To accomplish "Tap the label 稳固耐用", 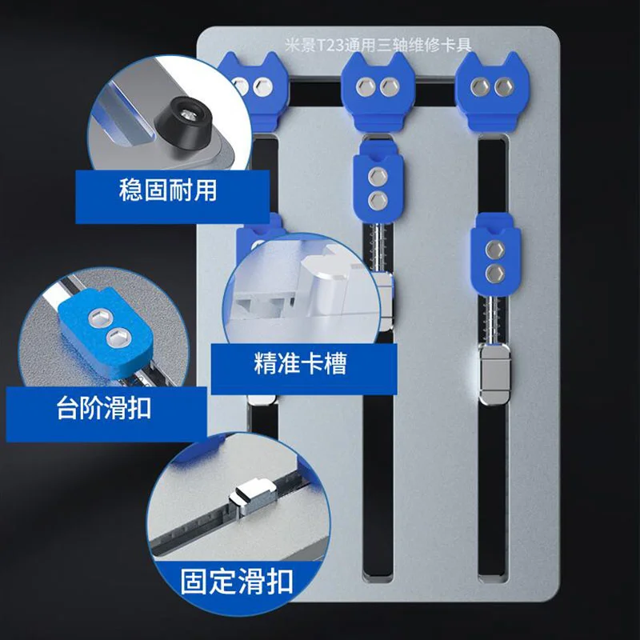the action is point(168,190).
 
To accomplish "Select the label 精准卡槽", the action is point(300,362).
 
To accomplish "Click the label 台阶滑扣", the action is point(104,407).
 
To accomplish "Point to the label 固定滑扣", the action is point(237,582).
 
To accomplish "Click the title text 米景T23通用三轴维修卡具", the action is point(378,45).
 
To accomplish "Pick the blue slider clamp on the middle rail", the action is point(378,182).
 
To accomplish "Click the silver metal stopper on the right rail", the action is point(494,374).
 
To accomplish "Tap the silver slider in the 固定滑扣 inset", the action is point(253,496).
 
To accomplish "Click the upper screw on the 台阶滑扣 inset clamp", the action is point(98,317).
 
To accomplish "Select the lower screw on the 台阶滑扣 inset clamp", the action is point(118,338).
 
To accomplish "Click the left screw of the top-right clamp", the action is point(478,87).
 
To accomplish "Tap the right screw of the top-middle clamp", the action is point(389,87).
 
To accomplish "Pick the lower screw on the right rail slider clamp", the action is point(495,273).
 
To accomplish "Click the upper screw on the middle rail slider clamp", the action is point(378,176).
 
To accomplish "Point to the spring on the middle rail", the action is point(378,247).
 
